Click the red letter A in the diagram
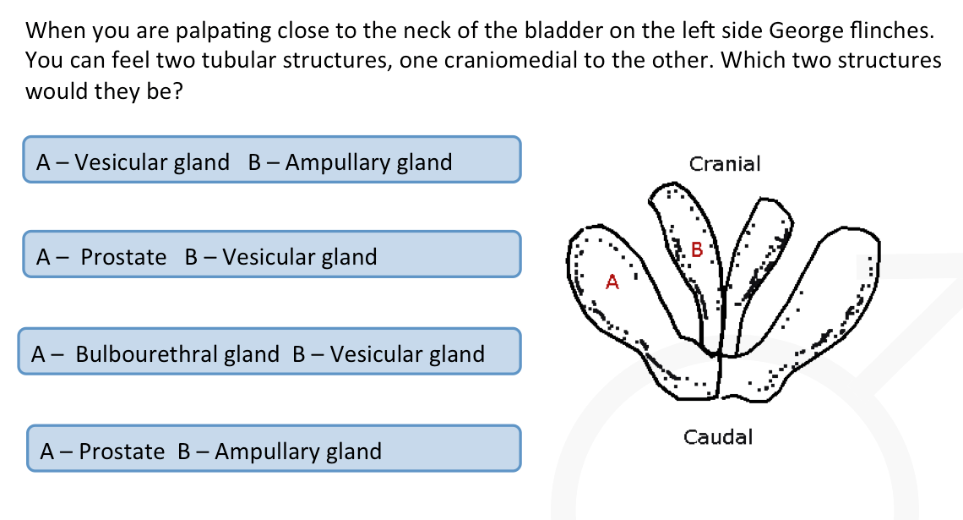point(613,282)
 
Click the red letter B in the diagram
point(697,249)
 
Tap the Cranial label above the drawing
point(725,163)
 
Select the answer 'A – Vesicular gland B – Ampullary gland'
point(271,160)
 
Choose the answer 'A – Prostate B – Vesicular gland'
point(271,255)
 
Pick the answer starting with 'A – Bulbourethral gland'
point(269,353)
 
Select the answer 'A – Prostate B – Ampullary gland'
point(274,450)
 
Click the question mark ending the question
point(178,90)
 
